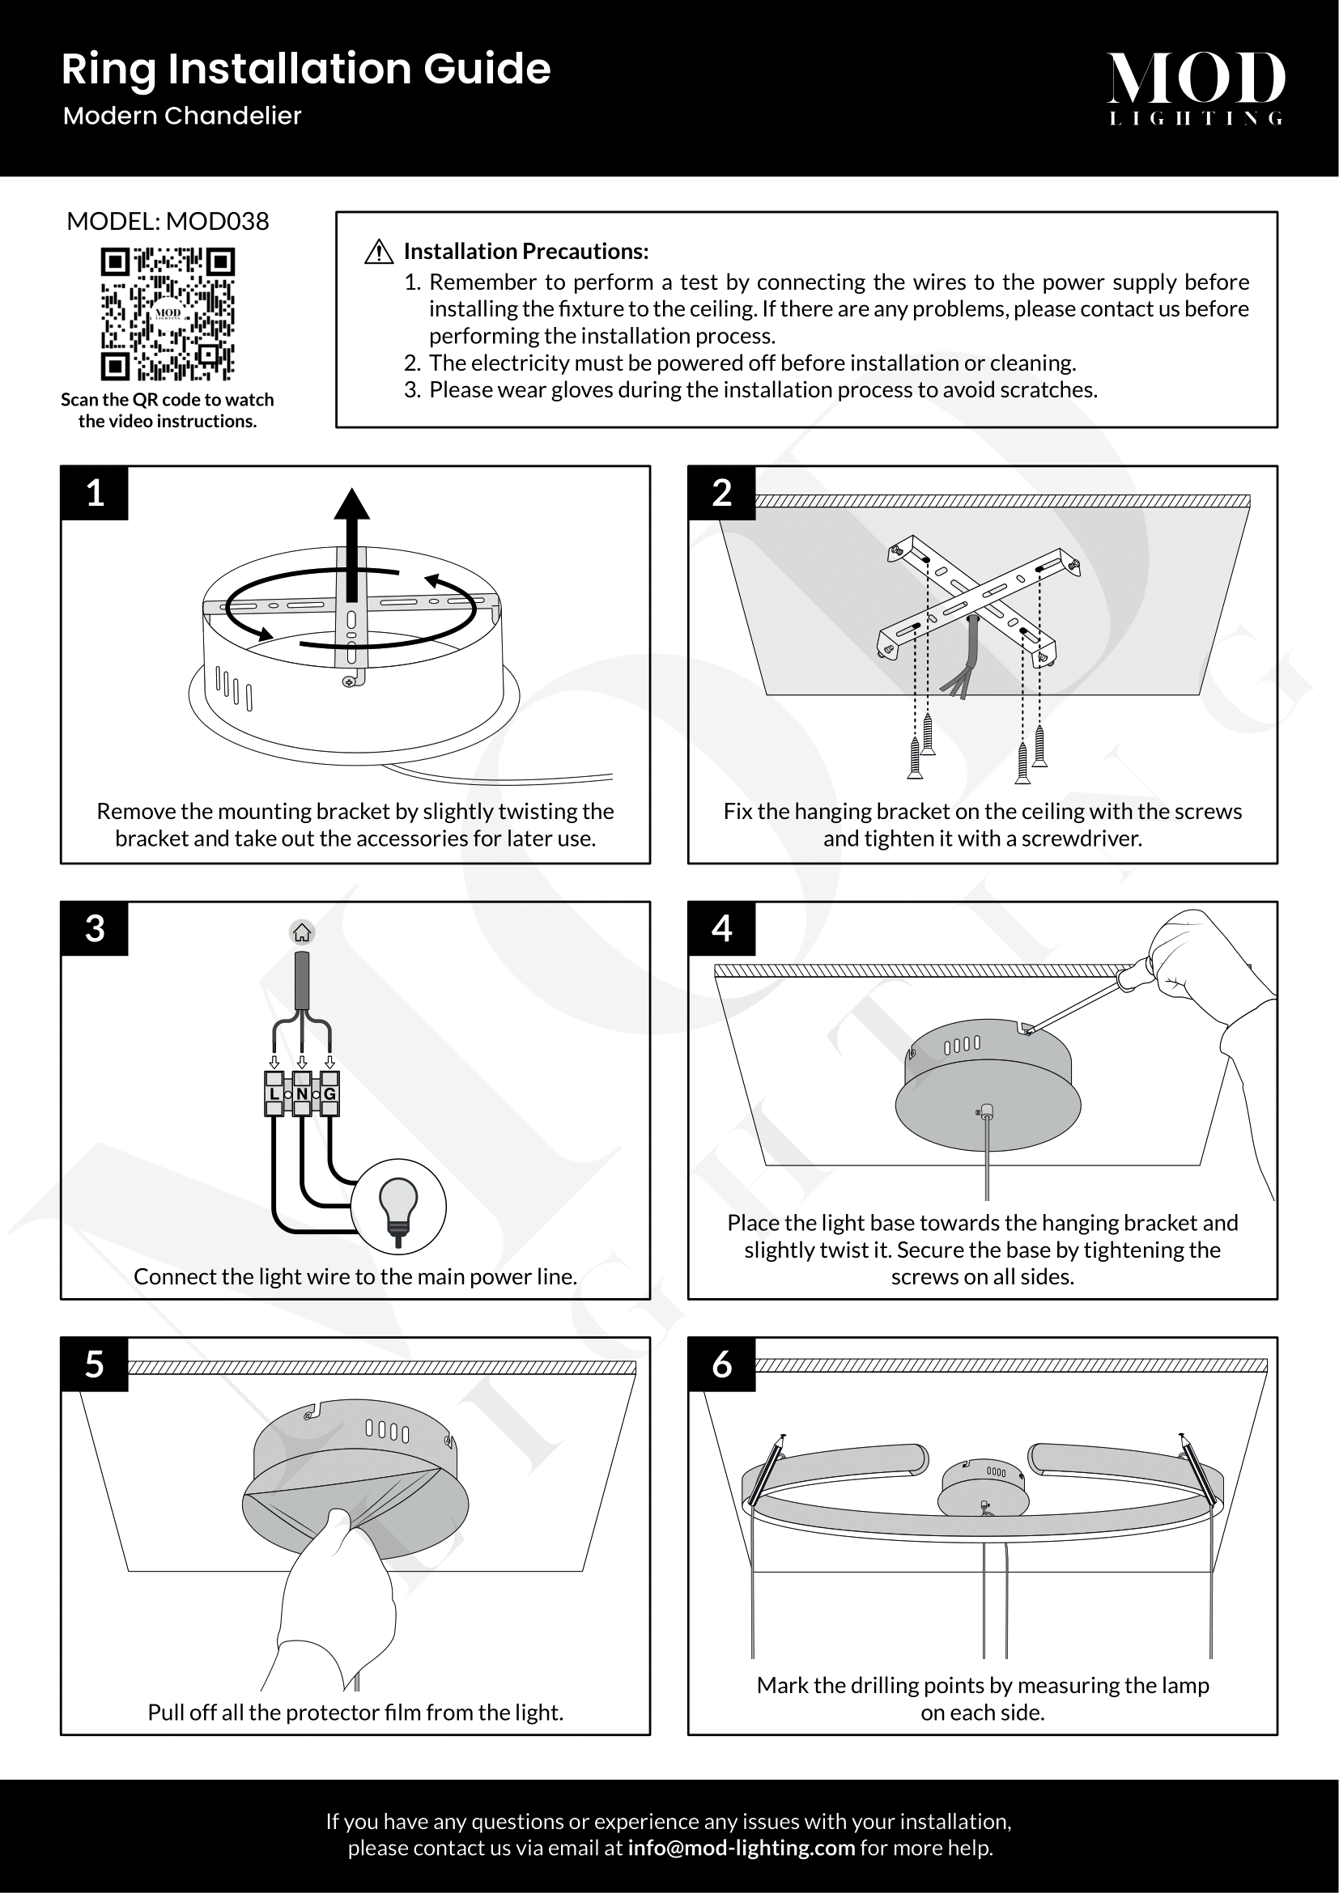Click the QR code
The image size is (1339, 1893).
[x=168, y=314]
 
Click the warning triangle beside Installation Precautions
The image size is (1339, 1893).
[x=378, y=252]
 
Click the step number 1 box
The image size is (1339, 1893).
[x=95, y=493]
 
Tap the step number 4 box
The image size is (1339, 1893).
[x=721, y=928]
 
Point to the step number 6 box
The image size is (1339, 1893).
[x=721, y=1365]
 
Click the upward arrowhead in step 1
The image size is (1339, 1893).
[x=352, y=503]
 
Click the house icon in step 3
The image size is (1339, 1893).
[x=302, y=932]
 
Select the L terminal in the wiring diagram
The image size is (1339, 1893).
[x=274, y=1094]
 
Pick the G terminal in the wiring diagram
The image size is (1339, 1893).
[x=329, y=1094]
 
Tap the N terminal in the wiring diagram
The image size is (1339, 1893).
[x=302, y=1094]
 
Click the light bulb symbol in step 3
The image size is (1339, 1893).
[x=398, y=1206]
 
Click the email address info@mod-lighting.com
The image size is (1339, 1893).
[x=741, y=1848]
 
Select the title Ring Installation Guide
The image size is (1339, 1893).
[x=306, y=69]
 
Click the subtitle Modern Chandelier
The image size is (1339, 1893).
[x=182, y=116]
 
